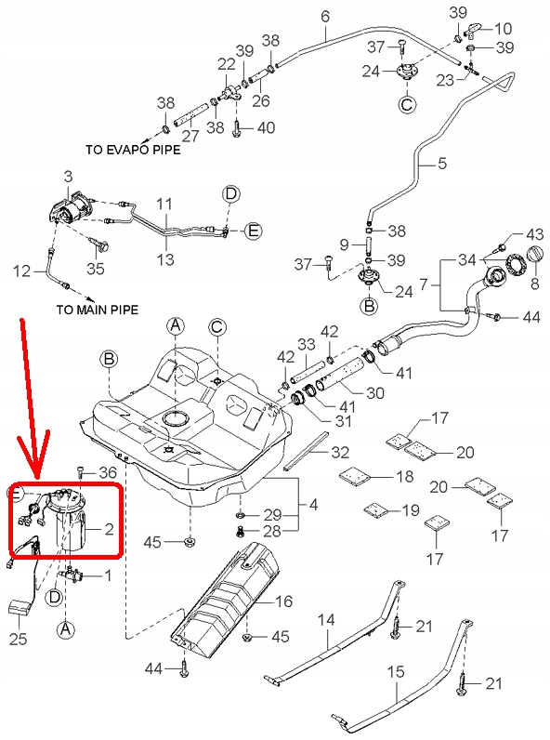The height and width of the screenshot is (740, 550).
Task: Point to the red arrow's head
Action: coord(38,469)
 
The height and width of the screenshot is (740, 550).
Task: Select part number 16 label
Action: coord(282,601)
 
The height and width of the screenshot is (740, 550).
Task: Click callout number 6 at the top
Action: coord(325,16)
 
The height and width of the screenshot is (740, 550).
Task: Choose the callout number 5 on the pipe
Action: coord(441,164)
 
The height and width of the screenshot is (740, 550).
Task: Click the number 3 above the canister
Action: coord(68,176)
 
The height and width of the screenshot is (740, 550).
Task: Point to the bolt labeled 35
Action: coord(99,245)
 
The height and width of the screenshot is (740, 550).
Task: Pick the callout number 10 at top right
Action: coord(505,28)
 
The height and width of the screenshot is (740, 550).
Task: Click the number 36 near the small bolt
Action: coord(109,473)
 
